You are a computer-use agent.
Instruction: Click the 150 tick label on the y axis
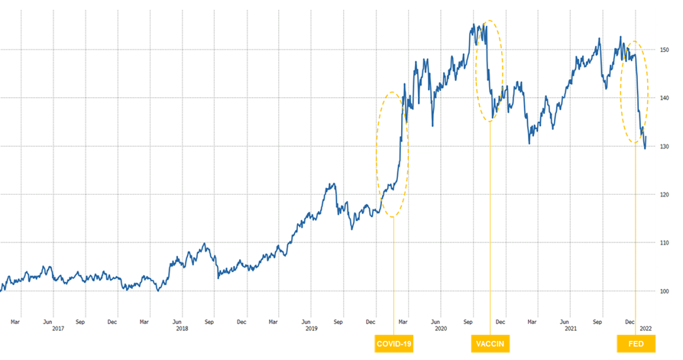(x=666, y=50)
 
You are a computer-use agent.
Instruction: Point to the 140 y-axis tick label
(x=666, y=98)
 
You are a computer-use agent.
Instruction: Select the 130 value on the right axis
(x=666, y=146)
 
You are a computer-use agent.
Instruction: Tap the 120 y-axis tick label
(x=666, y=194)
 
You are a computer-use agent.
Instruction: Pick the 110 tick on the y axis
(x=666, y=243)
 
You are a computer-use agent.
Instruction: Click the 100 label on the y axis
(x=666, y=291)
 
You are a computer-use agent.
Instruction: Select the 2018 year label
(x=182, y=329)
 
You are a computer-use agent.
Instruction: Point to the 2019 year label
(x=312, y=329)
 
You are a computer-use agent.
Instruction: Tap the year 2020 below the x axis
(x=441, y=329)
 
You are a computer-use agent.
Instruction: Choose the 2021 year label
(x=570, y=329)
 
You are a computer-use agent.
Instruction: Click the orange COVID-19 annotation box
(x=394, y=345)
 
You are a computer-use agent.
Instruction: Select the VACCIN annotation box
(x=490, y=345)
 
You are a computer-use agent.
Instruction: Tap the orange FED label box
(x=636, y=345)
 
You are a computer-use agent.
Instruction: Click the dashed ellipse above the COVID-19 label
(x=378, y=153)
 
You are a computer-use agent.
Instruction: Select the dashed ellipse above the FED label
(x=647, y=92)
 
